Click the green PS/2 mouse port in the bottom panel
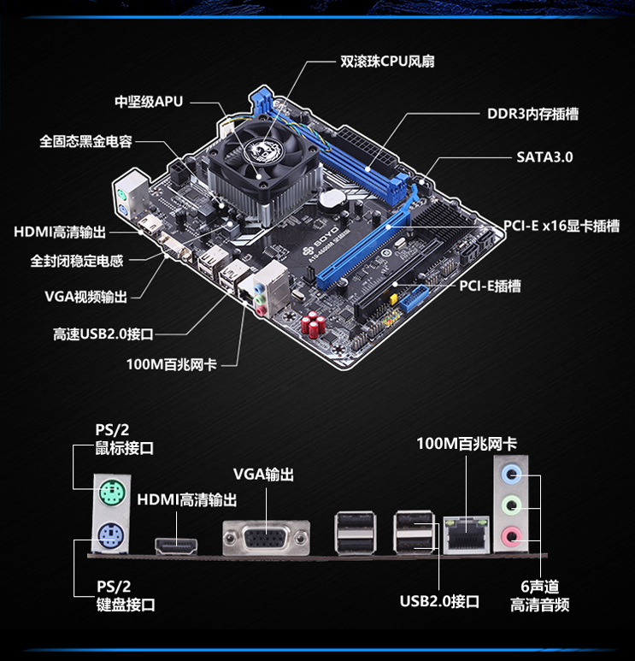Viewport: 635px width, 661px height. coord(112,493)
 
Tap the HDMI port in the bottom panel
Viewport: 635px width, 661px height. coord(176,546)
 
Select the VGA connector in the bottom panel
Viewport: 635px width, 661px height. coord(267,538)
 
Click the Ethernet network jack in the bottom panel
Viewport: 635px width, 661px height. coord(467,534)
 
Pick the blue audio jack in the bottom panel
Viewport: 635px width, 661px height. coord(511,474)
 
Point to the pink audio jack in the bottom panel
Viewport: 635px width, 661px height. coord(511,536)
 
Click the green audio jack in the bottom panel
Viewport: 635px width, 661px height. coord(511,505)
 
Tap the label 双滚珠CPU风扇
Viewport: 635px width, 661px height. coord(387,62)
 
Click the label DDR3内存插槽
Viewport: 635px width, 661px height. coord(533,114)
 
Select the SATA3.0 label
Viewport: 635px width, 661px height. coord(544,157)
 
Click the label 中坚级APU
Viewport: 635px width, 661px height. coord(149,102)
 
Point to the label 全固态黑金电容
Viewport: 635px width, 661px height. coord(85,141)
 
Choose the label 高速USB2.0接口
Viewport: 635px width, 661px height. coord(103,334)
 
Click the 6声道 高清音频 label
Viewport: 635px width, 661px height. coord(540,596)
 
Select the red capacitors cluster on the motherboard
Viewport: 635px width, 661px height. coord(313,324)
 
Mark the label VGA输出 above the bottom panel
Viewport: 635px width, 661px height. coord(264,475)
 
